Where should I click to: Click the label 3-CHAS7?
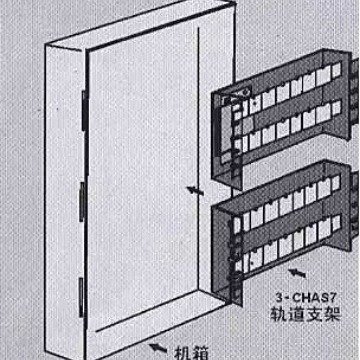[306, 297]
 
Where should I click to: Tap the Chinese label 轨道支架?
[307, 314]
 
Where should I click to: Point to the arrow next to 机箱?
[158, 346]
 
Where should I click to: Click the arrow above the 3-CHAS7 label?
[301, 271]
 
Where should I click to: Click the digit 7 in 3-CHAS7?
[330, 297]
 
